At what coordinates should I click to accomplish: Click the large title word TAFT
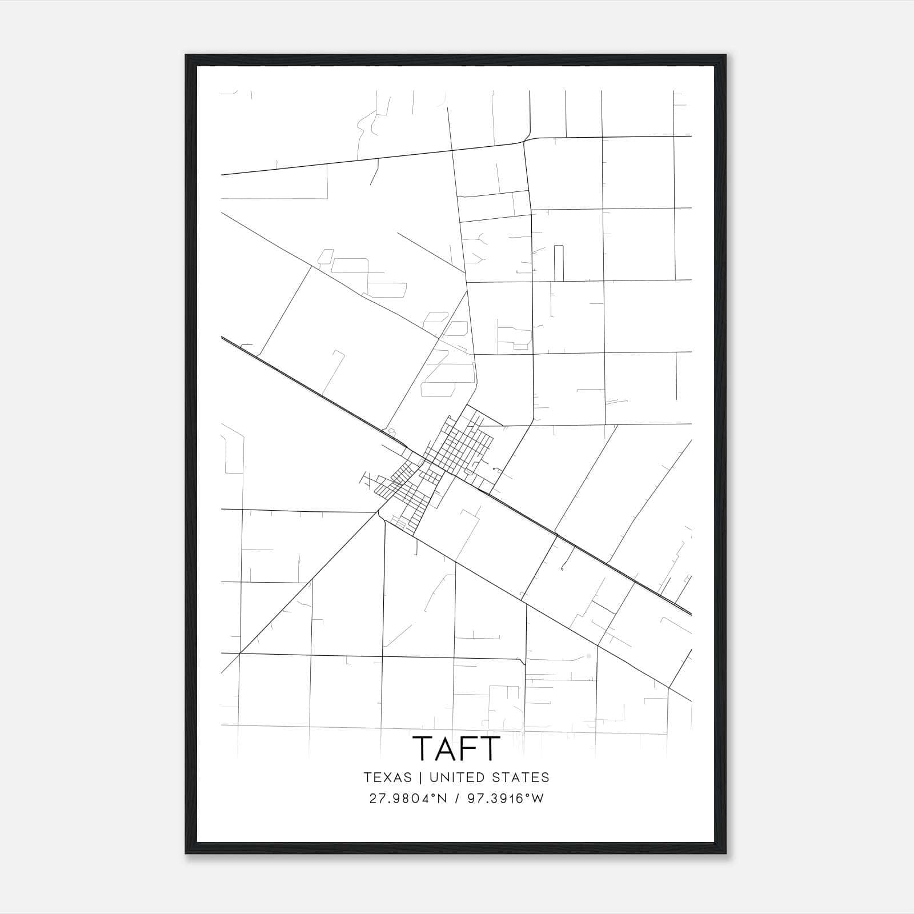(456, 748)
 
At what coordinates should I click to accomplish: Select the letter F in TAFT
(467, 748)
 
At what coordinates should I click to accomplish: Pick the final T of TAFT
(490, 748)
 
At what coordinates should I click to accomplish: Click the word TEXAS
(387, 777)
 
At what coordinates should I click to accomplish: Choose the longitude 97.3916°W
(506, 799)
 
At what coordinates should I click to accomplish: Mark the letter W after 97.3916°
(538, 799)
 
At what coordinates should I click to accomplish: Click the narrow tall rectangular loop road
(559, 263)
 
